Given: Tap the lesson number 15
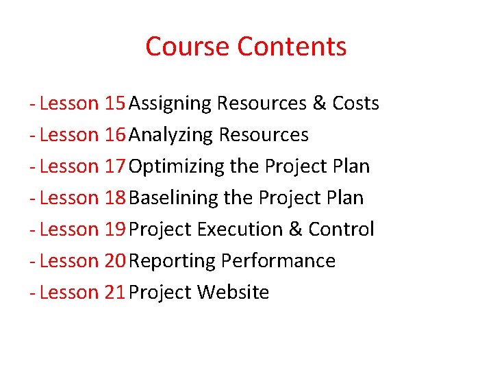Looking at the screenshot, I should [x=114, y=103].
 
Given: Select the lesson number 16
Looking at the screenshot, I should [x=114, y=135].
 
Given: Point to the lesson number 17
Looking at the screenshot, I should [x=114, y=166].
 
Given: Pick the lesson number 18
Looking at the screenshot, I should [x=114, y=198].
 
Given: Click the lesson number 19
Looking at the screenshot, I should [x=114, y=230].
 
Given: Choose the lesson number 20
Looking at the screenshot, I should [x=114, y=261].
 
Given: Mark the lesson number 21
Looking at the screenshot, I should [x=114, y=293].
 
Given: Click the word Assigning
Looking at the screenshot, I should [x=170, y=104].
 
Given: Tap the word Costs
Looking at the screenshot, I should [x=355, y=103].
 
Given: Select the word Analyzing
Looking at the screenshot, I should [x=171, y=136].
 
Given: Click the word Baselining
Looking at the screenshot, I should [x=173, y=198].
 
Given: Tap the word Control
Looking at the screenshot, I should [x=341, y=230].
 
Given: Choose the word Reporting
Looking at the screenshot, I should [x=172, y=262].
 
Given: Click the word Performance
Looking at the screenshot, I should [x=278, y=261].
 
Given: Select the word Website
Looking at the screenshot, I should [x=233, y=293].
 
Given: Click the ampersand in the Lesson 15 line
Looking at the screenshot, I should [x=319, y=103].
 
